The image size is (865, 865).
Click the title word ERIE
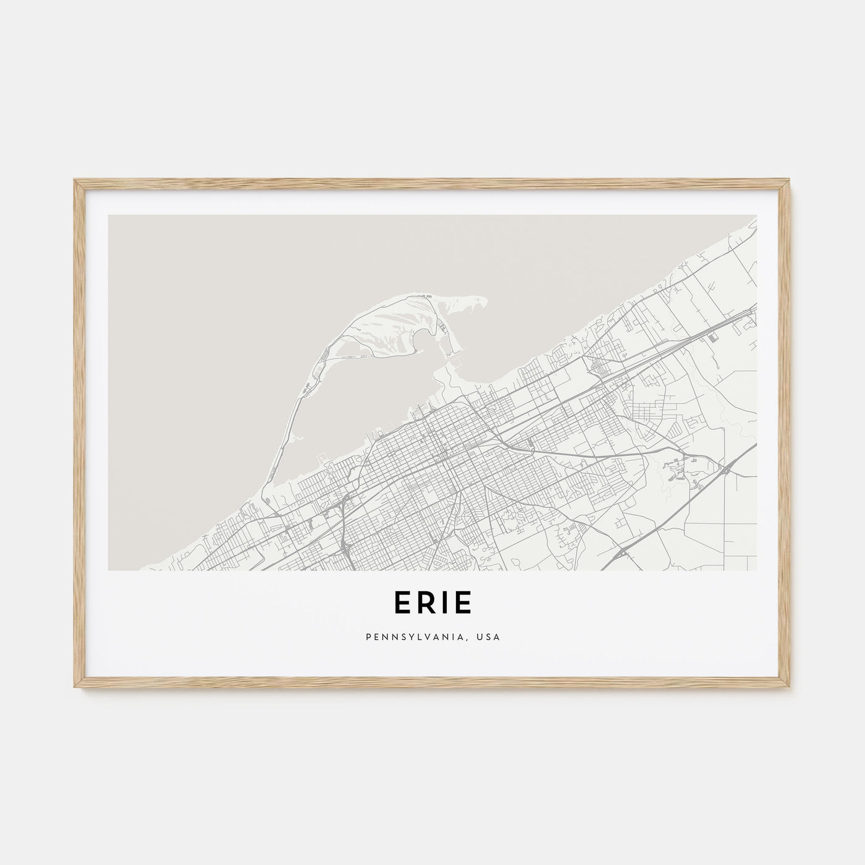[432, 604]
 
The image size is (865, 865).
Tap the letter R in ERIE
[420, 604]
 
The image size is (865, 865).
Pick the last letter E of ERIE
[463, 604]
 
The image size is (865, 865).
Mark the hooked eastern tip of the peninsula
[479, 302]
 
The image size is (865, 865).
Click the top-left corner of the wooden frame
[75, 181]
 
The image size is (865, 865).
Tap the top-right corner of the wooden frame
[789, 181]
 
